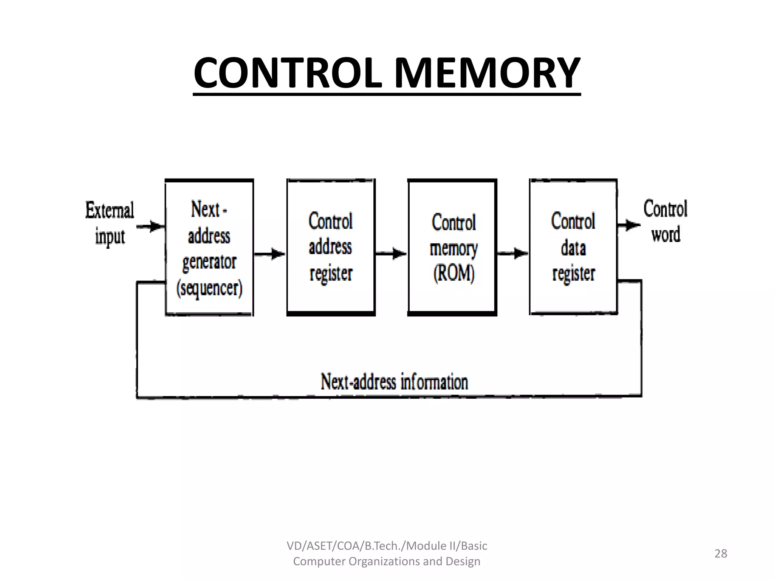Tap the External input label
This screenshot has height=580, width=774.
[110, 224]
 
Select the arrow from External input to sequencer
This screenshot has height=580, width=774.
[150, 227]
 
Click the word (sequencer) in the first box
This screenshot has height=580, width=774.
[209, 289]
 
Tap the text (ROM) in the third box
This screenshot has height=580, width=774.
[454, 273]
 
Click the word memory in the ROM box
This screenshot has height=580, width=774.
[454, 248]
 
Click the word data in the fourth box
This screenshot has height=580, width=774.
[573, 248]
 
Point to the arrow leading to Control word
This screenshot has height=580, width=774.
[628, 225]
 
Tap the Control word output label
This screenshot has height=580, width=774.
[665, 221]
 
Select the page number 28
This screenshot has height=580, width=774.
[720, 554]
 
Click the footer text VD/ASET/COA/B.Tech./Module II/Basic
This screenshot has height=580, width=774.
[387, 546]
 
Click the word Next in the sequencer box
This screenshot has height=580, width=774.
[206, 210]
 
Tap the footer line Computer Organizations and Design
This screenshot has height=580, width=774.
[387, 561]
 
